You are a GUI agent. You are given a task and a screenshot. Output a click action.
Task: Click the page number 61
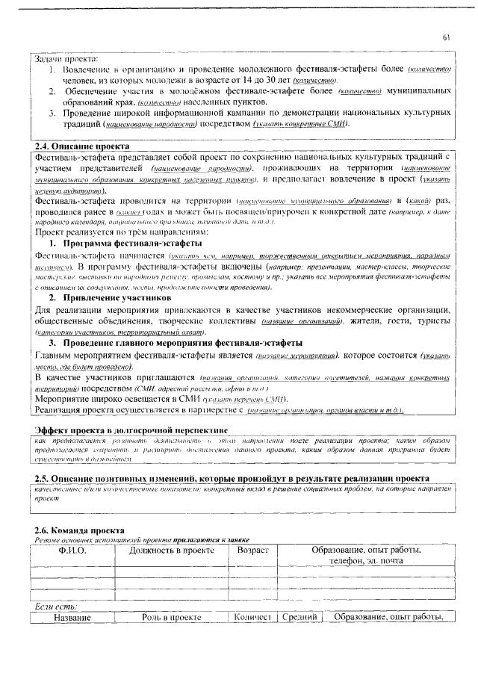[445, 37]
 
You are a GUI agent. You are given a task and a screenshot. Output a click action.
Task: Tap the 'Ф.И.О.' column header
[72, 551]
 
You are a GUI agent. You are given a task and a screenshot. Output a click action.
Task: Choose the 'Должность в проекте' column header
[171, 551]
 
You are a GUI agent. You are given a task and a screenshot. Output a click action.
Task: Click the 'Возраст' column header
[252, 551]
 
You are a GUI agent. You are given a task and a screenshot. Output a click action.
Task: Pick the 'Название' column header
[72, 617]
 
